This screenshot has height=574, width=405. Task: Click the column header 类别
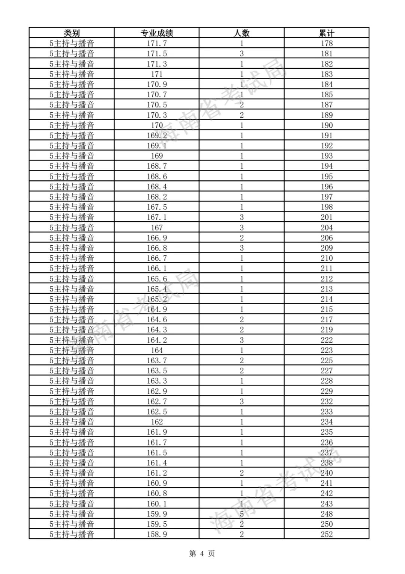[72, 33]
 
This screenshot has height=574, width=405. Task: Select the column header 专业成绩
[157, 33]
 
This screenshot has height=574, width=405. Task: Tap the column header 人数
[241, 33]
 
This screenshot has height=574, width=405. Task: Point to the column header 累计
[327, 33]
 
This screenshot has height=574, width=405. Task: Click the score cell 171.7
[157, 43]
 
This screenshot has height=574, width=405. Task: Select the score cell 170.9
[157, 84]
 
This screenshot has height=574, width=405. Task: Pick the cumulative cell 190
[327, 125]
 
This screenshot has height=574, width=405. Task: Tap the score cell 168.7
[157, 166]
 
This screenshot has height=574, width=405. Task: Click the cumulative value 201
[327, 217]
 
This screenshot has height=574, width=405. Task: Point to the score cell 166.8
[157, 248]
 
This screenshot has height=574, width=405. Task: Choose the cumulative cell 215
[327, 309]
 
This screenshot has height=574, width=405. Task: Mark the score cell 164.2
[157, 340]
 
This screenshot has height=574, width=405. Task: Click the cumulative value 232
[327, 401]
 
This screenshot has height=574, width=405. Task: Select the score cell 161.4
[157, 462]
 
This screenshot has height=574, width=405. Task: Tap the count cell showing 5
[241, 514]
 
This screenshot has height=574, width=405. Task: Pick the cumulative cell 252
[327, 534]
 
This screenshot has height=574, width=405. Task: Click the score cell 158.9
[157, 534]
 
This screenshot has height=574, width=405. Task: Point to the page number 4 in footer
[202, 553]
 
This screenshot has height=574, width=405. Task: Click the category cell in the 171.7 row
[72, 43]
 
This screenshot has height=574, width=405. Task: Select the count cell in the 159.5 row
[241, 524]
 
